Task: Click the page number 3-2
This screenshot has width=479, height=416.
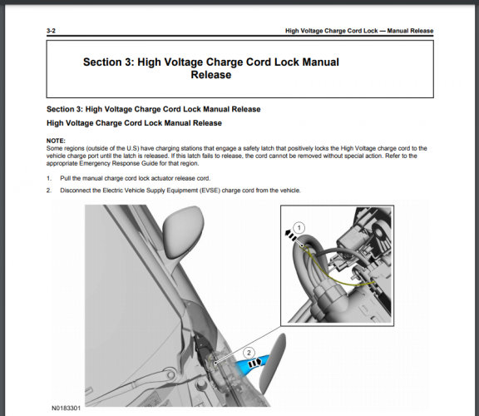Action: [x=51, y=31]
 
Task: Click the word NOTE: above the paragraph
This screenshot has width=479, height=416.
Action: [x=56, y=141]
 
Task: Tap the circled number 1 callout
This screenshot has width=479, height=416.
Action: [x=299, y=228]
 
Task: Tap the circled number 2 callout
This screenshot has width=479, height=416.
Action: [x=249, y=353]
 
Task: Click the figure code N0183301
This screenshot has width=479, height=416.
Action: [x=66, y=409]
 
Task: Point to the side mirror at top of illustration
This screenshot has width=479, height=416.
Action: [x=182, y=230]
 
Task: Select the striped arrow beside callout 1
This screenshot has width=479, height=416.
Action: [x=290, y=235]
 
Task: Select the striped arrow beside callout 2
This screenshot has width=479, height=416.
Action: [x=255, y=364]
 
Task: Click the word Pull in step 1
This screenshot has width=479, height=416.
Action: [x=65, y=178]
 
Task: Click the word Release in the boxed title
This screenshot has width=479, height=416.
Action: [x=211, y=75]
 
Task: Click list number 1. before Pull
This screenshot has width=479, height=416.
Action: [x=49, y=178]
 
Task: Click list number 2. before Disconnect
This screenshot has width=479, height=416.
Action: [x=49, y=191]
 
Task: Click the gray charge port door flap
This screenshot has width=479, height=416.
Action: [x=272, y=364]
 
